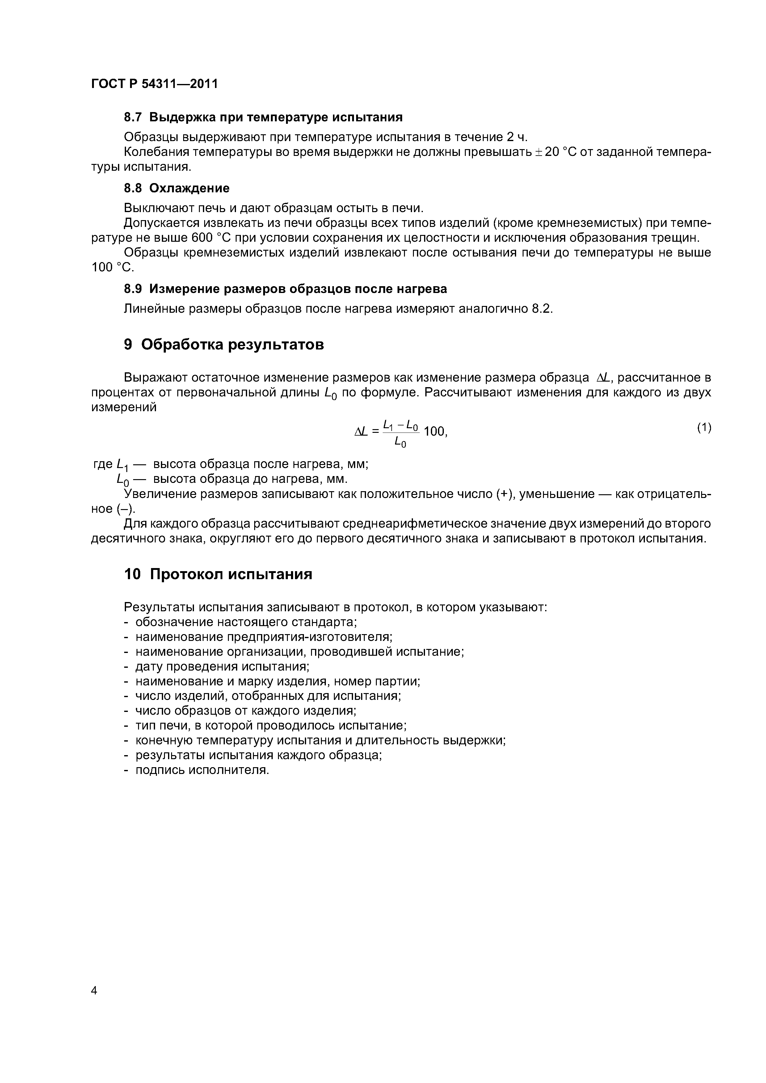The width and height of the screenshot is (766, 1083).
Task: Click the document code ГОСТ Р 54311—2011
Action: click(154, 84)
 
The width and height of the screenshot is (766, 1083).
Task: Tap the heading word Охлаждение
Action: click(189, 188)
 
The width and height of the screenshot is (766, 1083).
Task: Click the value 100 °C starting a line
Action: click(112, 267)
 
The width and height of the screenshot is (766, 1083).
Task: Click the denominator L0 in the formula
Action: click(400, 442)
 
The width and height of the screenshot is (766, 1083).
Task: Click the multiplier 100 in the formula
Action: click(434, 431)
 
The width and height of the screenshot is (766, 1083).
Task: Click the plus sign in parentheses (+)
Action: click(506, 494)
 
